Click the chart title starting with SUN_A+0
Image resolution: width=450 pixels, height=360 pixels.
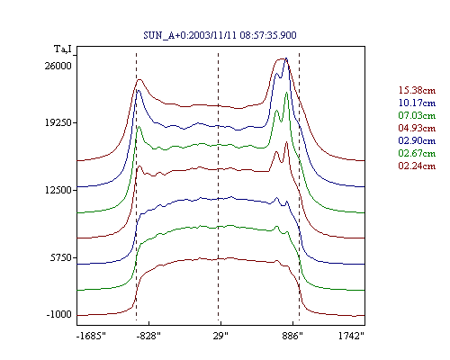tap(220, 35)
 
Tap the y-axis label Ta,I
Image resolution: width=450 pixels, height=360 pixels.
tap(63, 49)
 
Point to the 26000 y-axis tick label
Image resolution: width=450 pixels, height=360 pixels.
tap(58, 66)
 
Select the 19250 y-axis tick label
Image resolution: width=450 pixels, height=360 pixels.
tap(58, 122)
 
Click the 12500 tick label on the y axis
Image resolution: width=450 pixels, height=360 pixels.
tap(58, 190)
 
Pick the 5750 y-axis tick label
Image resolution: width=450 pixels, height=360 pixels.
tap(61, 257)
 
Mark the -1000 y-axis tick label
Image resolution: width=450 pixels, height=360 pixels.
tap(59, 314)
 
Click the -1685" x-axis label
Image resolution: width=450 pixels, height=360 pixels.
tap(92, 336)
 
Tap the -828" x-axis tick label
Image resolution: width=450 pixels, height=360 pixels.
tap(148, 336)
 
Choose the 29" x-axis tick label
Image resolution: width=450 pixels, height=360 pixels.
tap(220, 336)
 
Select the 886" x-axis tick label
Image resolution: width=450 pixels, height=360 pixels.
tap(292, 336)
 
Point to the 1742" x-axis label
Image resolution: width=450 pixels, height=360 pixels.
tap(351, 336)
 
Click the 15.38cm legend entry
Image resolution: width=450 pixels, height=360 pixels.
tap(417, 90)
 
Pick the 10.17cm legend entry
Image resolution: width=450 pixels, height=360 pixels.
tap(417, 103)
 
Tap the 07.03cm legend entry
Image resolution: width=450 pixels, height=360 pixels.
tap(417, 115)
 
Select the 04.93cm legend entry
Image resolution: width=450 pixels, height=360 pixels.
tap(417, 128)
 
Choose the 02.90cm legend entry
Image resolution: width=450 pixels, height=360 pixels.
tap(417, 140)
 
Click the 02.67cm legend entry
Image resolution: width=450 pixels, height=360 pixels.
tap(417, 153)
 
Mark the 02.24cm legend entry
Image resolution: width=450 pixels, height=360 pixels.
tap(417, 166)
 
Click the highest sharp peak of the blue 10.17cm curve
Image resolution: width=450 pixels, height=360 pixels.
tap(286, 58)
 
